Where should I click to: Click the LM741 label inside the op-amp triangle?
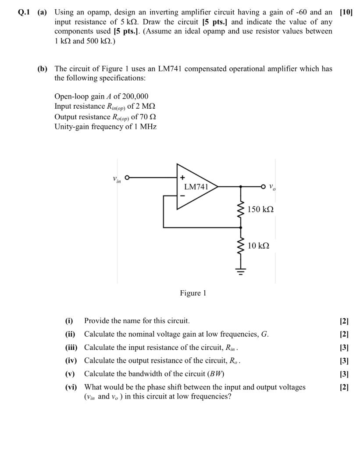point(196,186)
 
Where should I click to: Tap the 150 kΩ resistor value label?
point(260,209)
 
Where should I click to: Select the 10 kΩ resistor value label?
point(258,246)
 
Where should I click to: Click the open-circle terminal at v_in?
point(128,178)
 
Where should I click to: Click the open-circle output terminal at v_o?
point(264,186)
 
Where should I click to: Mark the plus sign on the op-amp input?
point(181,178)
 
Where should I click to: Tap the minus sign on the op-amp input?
point(181,196)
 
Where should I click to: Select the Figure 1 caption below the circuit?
point(193,293)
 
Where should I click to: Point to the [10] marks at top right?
point(346,13)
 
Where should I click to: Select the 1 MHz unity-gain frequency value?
point(146,127)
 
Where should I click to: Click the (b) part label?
point(43,69)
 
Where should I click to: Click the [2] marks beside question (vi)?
point(344,387)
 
